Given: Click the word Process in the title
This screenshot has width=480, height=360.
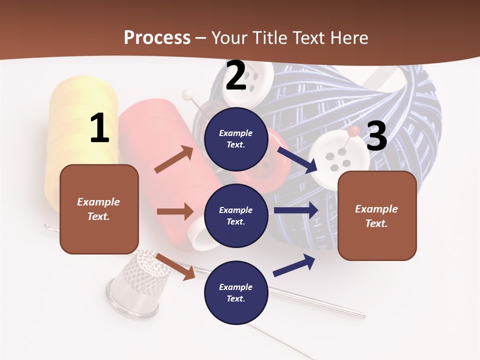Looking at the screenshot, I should pos(157,37).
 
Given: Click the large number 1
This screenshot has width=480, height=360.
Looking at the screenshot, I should pos(99,128).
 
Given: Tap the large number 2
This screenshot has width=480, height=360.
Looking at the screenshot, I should pos(236,75).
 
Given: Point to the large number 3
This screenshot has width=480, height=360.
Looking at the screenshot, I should pos(376,136).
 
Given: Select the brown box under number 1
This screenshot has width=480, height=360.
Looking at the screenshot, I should pos(99,209).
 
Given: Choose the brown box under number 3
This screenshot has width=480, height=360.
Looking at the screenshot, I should pos(377,215).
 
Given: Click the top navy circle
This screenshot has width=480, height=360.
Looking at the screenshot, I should pos(236,139).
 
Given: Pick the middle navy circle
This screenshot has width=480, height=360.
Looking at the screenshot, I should pos(236,215).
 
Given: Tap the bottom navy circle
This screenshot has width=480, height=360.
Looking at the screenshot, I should pos(236,292).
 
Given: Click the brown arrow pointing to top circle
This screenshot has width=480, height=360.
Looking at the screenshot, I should pos(174,159).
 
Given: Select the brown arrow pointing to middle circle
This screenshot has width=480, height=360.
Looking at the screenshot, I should pos(175,211).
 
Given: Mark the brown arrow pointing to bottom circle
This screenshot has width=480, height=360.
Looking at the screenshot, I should pos(175,266).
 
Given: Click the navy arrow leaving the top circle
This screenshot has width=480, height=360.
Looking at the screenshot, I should pos(297,159).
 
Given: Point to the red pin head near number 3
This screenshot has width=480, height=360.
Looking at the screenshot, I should pos(353,131).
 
